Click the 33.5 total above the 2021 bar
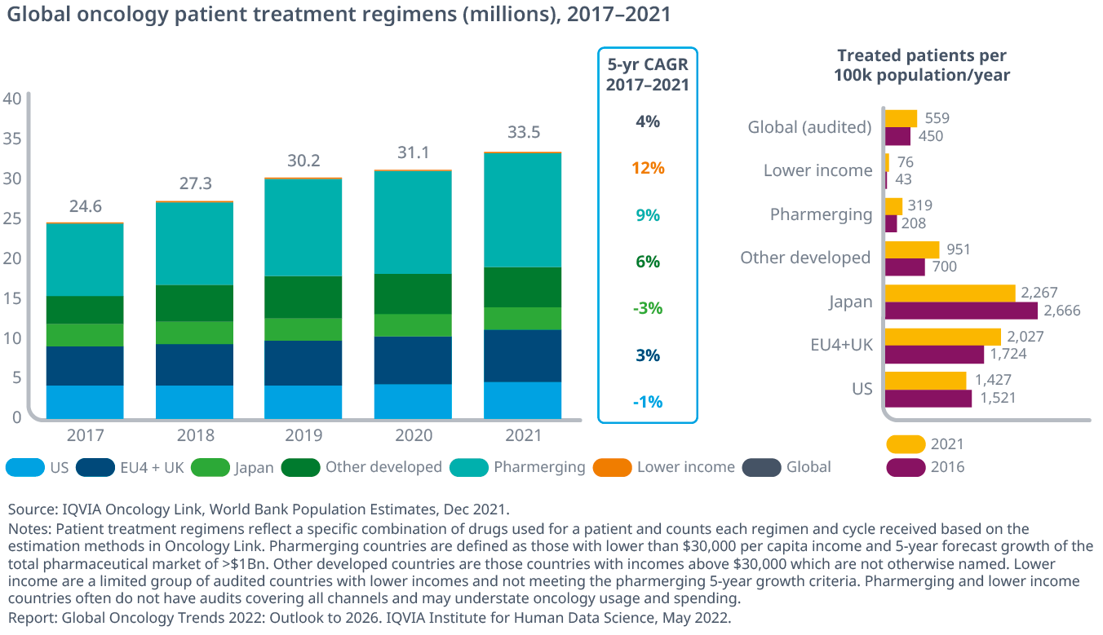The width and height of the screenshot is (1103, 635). click(x=524, y=133)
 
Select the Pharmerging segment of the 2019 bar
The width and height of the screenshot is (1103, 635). click(x=303, y=227)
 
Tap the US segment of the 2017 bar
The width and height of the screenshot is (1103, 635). click(x=85, y=401)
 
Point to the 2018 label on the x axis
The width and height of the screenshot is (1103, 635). click(x=194, y=435)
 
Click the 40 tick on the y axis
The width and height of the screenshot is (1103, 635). click(x=13, y=99)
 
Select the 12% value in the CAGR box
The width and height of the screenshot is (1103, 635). click(x=648, y=169)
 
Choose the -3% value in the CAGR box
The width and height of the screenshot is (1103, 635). click(x=648, y=309)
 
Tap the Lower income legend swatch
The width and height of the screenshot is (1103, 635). click(x=612, y=468)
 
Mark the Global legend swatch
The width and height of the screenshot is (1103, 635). click(x=761, y=468)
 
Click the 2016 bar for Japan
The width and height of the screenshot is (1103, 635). click(x=961, y=311)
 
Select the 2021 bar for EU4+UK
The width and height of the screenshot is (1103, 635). click(x=942, y=337)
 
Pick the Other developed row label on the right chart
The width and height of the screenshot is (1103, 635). click(x=805, y=258)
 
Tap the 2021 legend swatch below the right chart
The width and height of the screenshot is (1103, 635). click(x=905, y=444)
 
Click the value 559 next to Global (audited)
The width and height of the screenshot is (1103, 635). click(x=937, y=118)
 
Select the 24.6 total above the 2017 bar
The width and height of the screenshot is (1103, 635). click(x=85, y=206)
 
